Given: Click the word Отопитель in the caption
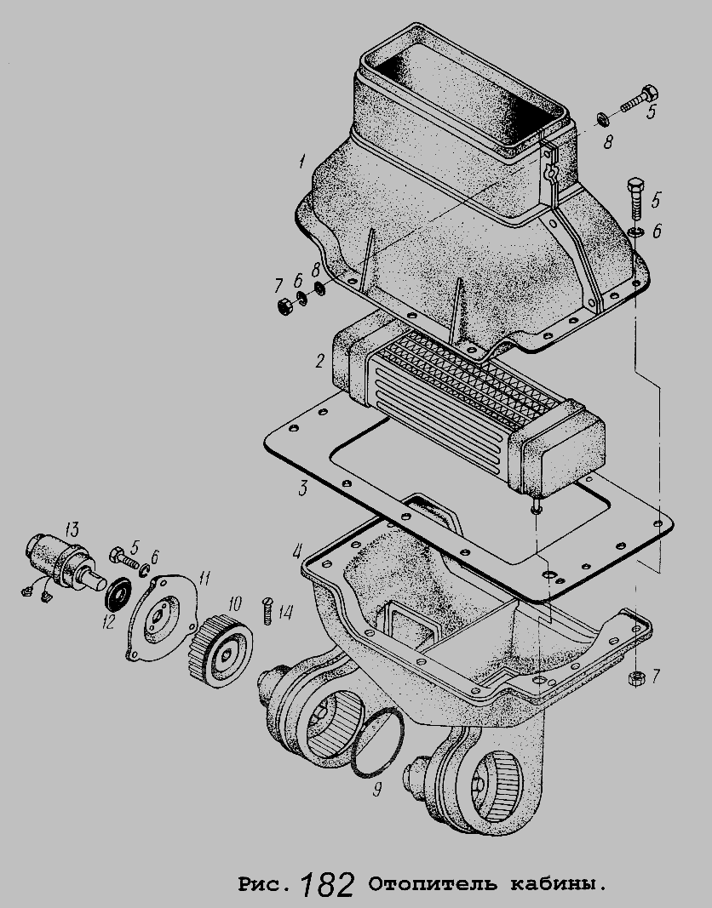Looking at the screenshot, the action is click(x=432, y=884).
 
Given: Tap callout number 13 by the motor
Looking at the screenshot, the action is click(x=72, y=528).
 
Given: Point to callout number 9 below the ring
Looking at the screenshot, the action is click(x=377, y=790).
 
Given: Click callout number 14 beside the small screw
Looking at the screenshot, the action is click(x=285, y=612).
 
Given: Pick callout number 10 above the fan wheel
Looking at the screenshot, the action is click(x=234, y=604).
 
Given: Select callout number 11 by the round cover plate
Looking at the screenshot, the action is click(x=204, y=577).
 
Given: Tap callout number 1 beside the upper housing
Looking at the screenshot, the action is click(x=301, y=162).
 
